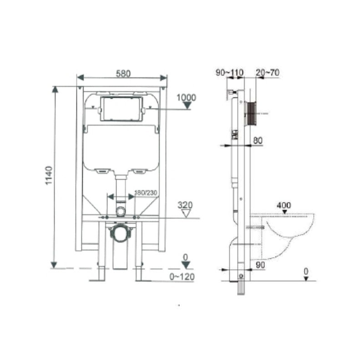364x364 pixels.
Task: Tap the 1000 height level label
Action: (x=186, y=97)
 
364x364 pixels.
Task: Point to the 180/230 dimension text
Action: (x=146, y=193)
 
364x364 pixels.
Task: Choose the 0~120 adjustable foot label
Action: (x=182, y=276)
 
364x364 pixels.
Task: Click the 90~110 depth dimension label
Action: (x=230, y=72)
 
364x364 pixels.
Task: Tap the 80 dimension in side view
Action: (x=258, y=141)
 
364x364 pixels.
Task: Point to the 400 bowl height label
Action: (x=283, y=206)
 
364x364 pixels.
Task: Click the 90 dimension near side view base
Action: (x=260, y=265)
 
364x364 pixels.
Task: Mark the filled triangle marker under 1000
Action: (x=186, y=106)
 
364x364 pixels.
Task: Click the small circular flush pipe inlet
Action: (x=121, y=211)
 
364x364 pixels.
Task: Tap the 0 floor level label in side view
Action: (x=306, y=271)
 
